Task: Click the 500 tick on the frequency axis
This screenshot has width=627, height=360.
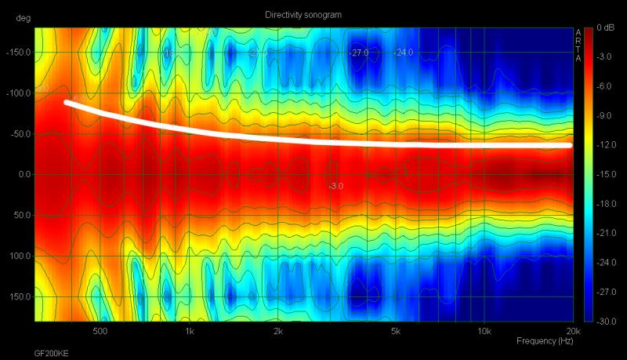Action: tap(100, 331)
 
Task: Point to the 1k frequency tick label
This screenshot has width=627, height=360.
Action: tap(189, 331)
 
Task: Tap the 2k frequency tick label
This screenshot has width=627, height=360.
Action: tap(278, 331)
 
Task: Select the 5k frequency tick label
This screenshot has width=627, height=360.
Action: tap(396, 331)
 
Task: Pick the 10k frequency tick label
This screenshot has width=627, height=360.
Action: tap(484, 331)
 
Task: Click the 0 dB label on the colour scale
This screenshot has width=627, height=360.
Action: tap(604, 28)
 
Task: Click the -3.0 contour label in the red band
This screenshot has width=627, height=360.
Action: tap(335, 186)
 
